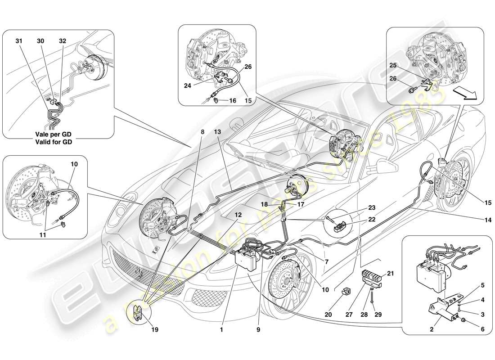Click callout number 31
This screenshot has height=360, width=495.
pos(18,41)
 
